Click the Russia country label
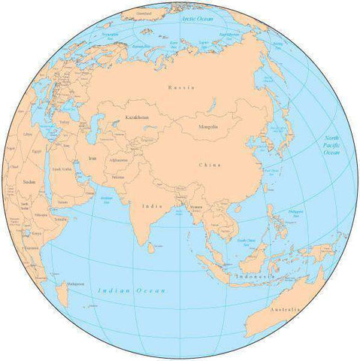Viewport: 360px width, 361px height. coord(182,88)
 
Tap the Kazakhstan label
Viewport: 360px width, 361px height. coord(126,119)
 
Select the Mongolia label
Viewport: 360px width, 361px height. coord(208,126)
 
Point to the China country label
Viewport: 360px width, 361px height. coord(210,164)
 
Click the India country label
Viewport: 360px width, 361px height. coord(150,204)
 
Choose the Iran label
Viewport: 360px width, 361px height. coord(92,158)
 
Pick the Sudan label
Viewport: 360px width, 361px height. coord(29,181)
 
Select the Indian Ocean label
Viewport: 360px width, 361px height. coord(132,290)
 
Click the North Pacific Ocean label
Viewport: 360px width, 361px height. coord(331,145)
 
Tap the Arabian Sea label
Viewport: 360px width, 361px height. coord(106,200)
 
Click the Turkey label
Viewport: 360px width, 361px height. coord(64,121)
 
